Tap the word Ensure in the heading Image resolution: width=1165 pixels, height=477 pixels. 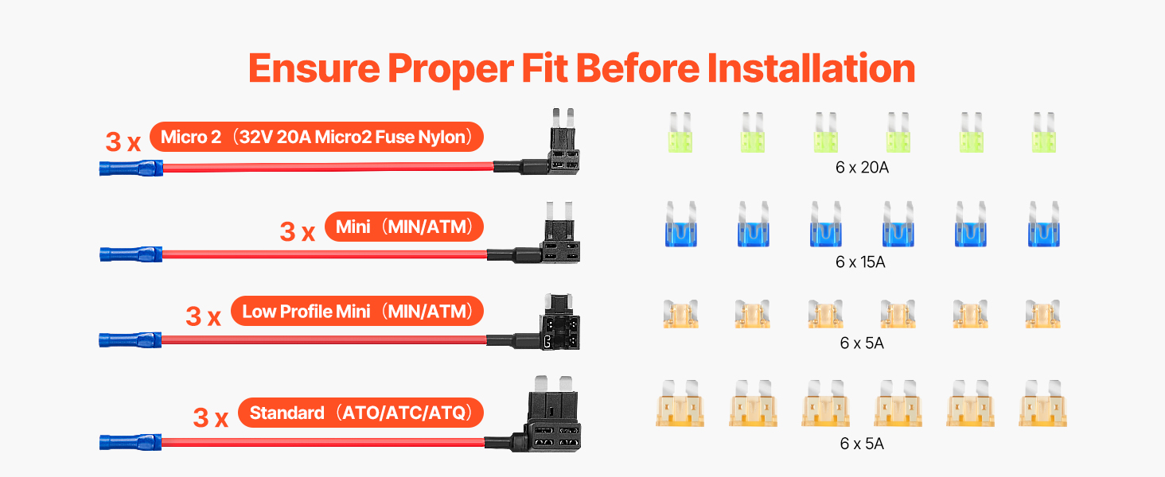click(x=314, y=68)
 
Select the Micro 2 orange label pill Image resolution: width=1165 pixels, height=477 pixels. click(x=316, y=138)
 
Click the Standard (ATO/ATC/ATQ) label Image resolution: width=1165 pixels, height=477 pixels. click(x=361, y=413)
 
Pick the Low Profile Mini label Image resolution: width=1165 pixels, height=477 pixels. click(x=357, y=312)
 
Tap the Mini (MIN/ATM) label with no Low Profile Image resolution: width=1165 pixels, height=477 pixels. click(x=404, y=227)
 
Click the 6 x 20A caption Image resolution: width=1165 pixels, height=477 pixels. click(x=862, y=167)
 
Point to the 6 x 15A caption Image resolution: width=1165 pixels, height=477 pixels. click(x=860, y=262)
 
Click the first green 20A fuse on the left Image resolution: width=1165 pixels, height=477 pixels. click(x=680, y=132)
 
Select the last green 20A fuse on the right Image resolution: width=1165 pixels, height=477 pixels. click(x=1044, y=132)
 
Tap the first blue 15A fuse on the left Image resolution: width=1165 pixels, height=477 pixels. click(x=681, y=224)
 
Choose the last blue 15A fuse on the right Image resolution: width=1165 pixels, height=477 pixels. click(x=1044, y=224)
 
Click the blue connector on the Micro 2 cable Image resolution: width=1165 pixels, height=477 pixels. click(x=131, y=169)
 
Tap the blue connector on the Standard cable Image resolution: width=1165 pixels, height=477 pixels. click(x=131, y=442)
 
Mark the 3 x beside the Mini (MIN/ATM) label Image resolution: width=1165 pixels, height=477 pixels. click(x=298, y=232)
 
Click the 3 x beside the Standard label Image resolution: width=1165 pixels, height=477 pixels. click(x=211, y=417)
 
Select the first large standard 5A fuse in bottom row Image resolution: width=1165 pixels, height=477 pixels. click(x=680, y=403)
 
